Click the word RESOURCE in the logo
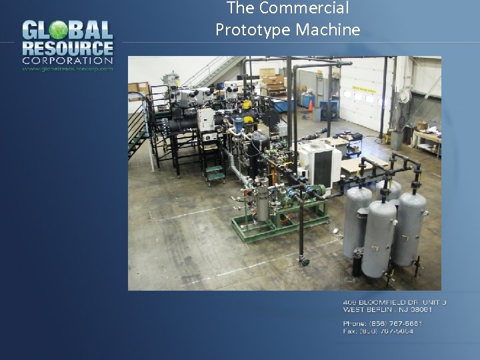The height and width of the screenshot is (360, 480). [x=67, y=49]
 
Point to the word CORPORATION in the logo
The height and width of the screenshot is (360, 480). [x=67, y=61]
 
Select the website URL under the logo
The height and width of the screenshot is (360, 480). [x=67, y=68]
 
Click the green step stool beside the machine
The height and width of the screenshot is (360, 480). [x=215, y=175]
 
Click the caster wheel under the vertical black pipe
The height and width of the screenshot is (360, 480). [x=304, y=263]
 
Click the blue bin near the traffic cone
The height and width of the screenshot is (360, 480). [x=328, y=109]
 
